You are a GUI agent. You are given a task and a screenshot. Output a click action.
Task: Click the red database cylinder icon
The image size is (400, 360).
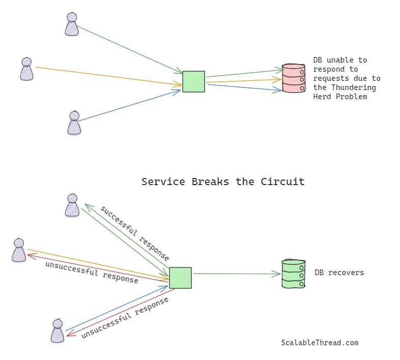coord(294,78)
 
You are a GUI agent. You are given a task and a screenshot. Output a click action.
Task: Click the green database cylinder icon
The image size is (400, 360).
coord(294,274)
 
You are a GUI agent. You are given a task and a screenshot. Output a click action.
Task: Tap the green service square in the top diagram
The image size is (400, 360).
coord(193,81)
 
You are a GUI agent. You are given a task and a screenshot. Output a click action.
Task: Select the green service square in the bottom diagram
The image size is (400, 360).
coord(180,278)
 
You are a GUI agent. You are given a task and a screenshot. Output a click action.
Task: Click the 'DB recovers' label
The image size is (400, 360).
coord(339,273)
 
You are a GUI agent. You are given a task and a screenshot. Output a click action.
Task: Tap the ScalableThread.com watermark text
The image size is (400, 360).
coord(320,343)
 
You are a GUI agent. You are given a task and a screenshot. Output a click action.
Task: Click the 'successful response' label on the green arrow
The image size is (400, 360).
coord(135,233)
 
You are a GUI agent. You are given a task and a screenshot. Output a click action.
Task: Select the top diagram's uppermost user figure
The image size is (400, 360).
coord(72,24)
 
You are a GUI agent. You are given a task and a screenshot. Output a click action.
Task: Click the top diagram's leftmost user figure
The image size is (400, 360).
coord(26,69)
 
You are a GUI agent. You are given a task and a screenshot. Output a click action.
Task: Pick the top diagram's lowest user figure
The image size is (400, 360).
coord(74,123)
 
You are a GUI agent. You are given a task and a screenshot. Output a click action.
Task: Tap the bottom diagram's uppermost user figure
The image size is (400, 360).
coord(72,205)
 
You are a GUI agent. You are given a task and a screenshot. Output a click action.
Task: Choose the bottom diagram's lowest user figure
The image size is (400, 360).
coord(58,331)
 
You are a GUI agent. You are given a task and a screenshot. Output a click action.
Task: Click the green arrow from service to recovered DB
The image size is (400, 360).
coord(237,274)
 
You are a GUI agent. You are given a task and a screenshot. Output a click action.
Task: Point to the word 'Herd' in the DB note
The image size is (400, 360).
coord(322,97)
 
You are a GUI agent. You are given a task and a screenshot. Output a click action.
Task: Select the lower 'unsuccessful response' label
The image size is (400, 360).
coord(125,318)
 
